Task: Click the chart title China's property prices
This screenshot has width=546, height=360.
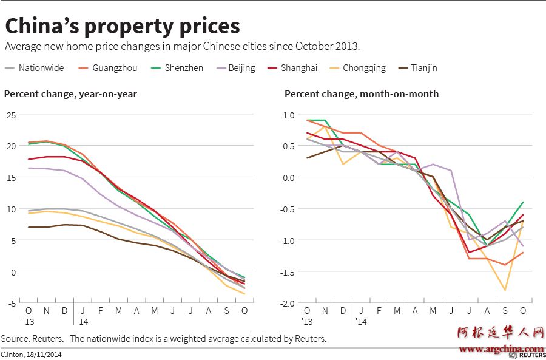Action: coord(122,26)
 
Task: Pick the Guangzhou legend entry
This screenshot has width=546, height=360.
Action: coord(108,68)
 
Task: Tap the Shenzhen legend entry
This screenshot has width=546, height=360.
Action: coord(177,68)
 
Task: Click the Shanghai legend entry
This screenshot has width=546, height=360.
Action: coord(292,68)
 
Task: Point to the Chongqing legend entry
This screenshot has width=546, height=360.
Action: coord(357,68)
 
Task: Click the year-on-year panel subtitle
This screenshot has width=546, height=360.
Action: coord(70,93)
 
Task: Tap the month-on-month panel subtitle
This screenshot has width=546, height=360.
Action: coord(362,93)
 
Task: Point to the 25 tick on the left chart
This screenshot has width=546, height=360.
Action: coord(11,114)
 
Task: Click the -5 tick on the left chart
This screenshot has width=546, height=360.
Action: coord(11,303)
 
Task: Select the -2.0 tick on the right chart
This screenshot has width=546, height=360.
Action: coord(288,303)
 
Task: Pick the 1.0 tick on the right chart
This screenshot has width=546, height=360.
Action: coord(289,114)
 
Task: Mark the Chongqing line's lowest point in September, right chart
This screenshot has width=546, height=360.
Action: coord(505,290)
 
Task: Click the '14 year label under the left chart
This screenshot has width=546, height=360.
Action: coord(83,322)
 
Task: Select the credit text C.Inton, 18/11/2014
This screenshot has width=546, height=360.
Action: coord(31,354)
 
